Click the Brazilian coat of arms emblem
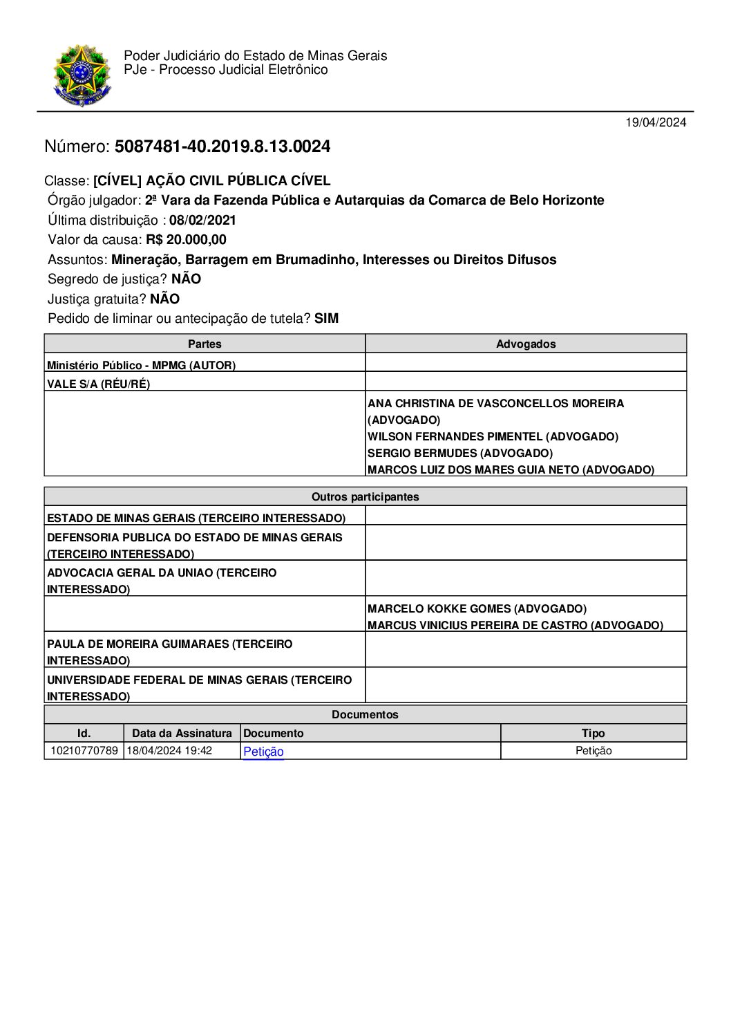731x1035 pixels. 82,75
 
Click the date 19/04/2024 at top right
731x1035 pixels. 656,122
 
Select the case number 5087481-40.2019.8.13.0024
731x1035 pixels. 222,147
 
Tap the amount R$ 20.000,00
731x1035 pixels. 186,240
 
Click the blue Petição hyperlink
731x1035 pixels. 263,752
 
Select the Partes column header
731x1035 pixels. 205,344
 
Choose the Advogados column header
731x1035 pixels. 526,344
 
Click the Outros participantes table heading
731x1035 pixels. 365,496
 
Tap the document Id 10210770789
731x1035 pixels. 84,751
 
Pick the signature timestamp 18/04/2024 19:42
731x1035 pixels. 169,751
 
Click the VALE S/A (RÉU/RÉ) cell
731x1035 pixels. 98,384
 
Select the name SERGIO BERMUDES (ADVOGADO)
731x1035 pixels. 460,454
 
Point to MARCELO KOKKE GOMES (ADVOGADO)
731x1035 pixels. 477,608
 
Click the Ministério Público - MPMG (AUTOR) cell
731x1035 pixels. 141,365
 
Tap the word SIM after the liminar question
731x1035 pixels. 326,319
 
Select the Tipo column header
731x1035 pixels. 593,733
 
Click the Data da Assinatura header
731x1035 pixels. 182,733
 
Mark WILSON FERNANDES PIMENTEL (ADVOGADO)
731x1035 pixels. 493,437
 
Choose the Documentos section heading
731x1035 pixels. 365,714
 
